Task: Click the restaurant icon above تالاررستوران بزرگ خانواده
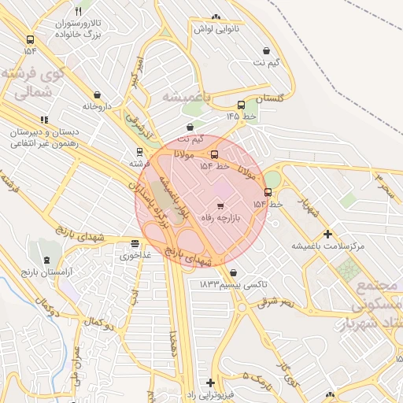pyautogui.click(x=78, y=11)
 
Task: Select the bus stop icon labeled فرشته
pyautogui.click(x=139, y=153)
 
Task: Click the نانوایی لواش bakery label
pyautogui.click(x=216, y=28)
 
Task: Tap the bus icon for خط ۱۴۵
pyautogui.click(x=241, y=105)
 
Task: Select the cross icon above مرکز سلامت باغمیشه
pyautogui.click(x=328, y=233)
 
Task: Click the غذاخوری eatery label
pyautogui.click(x=131, y=255)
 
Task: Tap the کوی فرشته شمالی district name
pyautogui.click(x=32, y=83)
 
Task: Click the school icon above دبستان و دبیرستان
pyautogui.click(x=45, y=120)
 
